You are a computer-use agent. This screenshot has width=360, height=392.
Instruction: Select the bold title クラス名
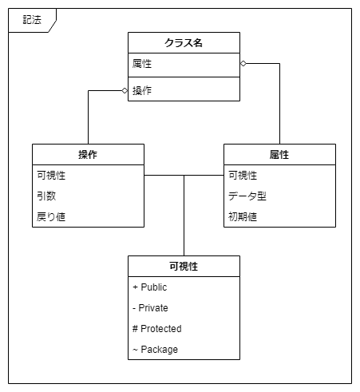pyautogui.click(x=184, y=42)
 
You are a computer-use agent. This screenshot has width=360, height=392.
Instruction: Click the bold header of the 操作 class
pyautogui.click(x=88, y=154)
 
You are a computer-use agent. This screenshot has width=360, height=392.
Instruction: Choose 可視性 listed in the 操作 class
pyautogui.click(x=51, y=175)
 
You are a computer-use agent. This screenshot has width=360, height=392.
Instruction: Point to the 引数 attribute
pyautogui.click(x=45, y=196)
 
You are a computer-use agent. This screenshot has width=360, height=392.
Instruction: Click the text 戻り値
pyautogui.click(x=51, y=216)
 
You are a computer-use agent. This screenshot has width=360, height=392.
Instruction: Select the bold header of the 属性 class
pyautogui.click(x=279, y=154)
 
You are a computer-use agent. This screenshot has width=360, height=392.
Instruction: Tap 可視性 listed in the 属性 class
pyautogui.click(x=243, y=175)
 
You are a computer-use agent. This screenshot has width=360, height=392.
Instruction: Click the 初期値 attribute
pyautogui.click(x=243, y=216)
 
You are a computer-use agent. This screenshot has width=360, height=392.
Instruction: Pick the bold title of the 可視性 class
pyautogui.click(x=184, y=266)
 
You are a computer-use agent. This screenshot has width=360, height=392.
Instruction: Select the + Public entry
pyautogui.click(x=150, y=287)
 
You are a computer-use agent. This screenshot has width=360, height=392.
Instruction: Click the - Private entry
pyautogui.click(x=151, y=307)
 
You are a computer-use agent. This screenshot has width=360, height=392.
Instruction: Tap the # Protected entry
pyautogui.click(x=156, y=328)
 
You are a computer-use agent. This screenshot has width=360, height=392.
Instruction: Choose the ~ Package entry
pyautogui.click(x=155, y=349)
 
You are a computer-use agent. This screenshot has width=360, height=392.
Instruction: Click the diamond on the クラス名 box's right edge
pyautogui.click(x=243, y=63)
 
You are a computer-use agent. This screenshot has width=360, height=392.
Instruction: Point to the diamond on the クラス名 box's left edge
pyautogui.click(x=125, y=90)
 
